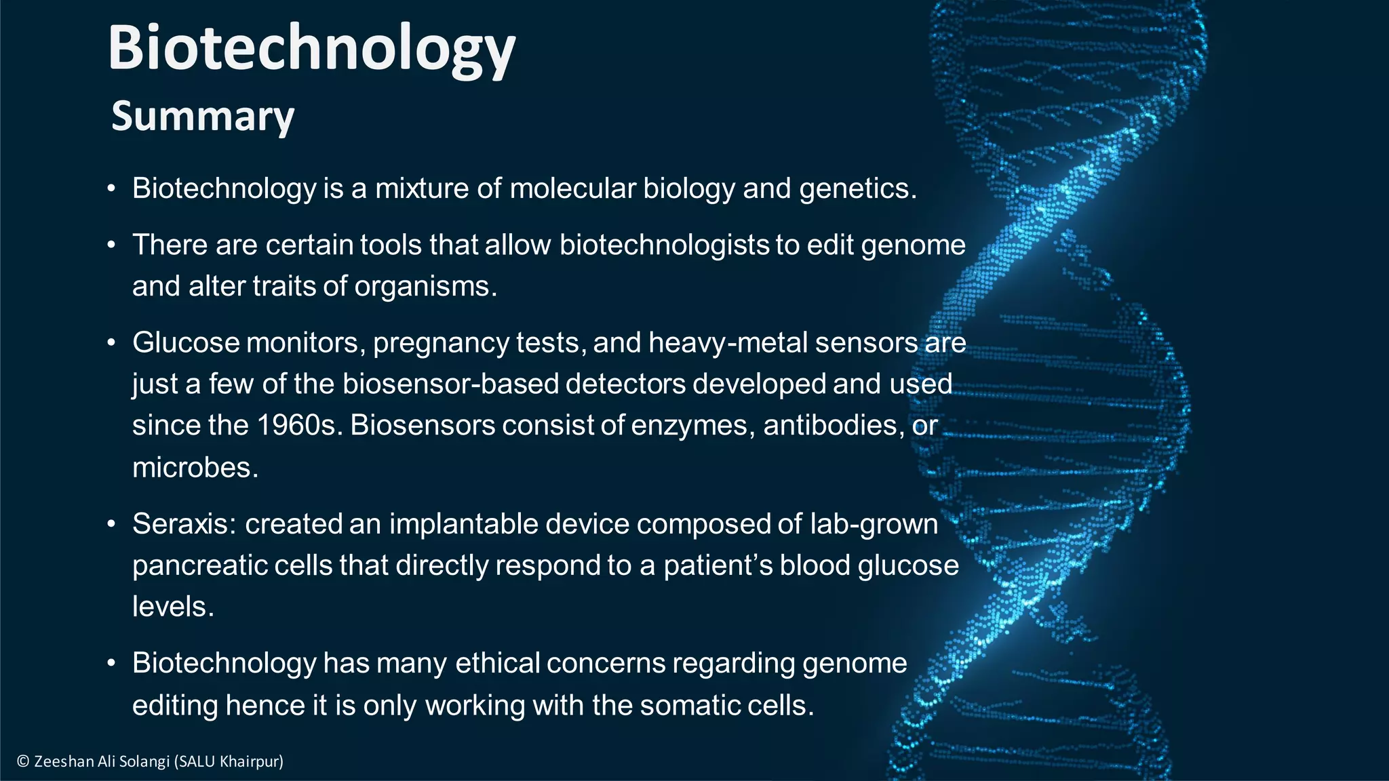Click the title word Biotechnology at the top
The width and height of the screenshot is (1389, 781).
311,49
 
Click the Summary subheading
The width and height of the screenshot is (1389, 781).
203,117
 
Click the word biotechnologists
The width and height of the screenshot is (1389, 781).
664,245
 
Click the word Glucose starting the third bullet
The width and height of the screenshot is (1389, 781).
186,343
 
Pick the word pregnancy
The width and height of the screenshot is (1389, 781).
440,343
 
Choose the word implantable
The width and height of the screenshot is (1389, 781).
463,524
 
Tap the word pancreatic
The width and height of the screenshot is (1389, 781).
199,565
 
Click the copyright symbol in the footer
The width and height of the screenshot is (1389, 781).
23,761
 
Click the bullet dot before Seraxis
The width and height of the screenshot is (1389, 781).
111,525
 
